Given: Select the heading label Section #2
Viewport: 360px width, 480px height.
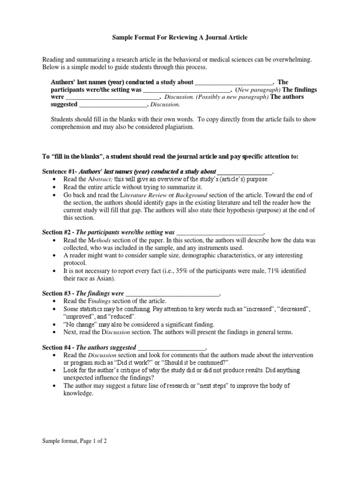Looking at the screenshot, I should [58, 232].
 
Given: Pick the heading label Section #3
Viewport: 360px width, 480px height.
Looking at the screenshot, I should [58, 293].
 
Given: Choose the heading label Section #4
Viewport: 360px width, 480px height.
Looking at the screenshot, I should [58, 347].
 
